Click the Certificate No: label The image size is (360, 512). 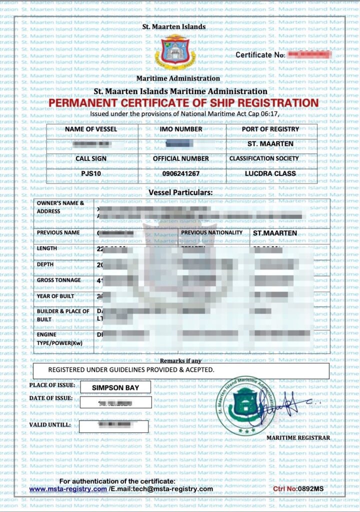click(260, 54)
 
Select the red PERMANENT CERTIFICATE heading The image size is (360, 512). click(183, 103)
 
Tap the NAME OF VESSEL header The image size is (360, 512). click(91, 129)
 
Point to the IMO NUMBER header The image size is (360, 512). click(181, 129)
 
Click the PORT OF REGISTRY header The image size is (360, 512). click(270, 129)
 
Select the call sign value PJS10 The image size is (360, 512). click(90, 173)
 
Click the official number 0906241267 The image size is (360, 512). click(180, 173)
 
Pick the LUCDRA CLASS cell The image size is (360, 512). click(270, 173)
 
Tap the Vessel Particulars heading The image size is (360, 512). click(180, 192)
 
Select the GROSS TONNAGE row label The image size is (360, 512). click(59, 280)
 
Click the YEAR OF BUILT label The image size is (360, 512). click(55, 296)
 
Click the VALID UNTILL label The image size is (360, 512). click(50, 424)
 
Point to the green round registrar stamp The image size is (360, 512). click(246, 404)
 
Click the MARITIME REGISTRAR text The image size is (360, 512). click(298, 437)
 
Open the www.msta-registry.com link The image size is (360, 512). click(67, 488)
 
